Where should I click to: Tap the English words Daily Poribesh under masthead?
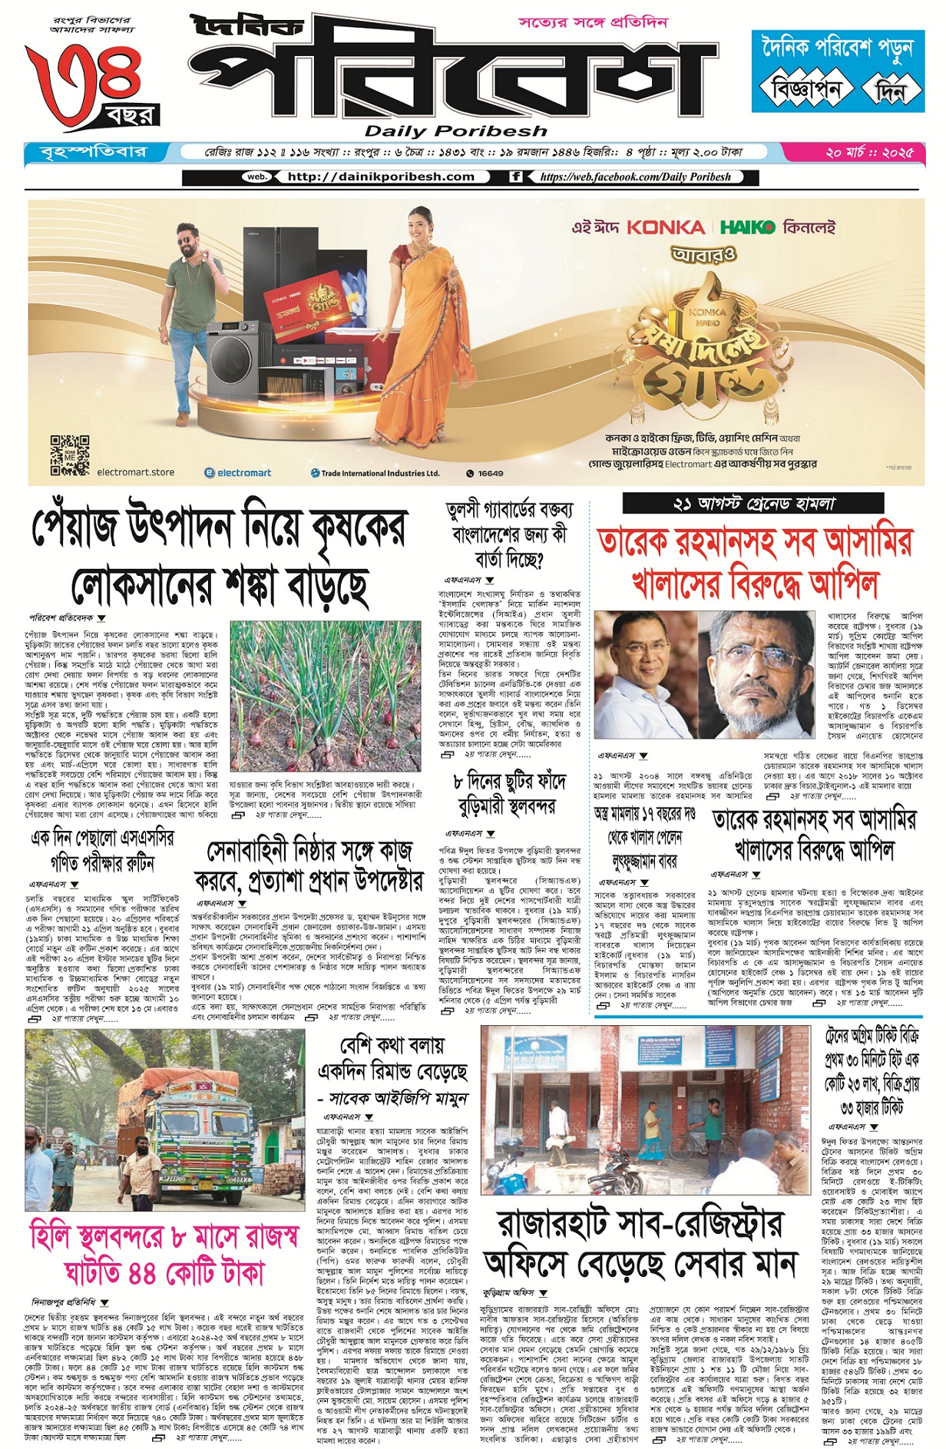(455, 131)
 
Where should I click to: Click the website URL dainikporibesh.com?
(380, 177)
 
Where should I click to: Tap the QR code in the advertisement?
(70, 456)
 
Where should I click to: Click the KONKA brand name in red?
(665, 228)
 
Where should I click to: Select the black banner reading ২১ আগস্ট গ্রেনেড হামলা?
(752, 504)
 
